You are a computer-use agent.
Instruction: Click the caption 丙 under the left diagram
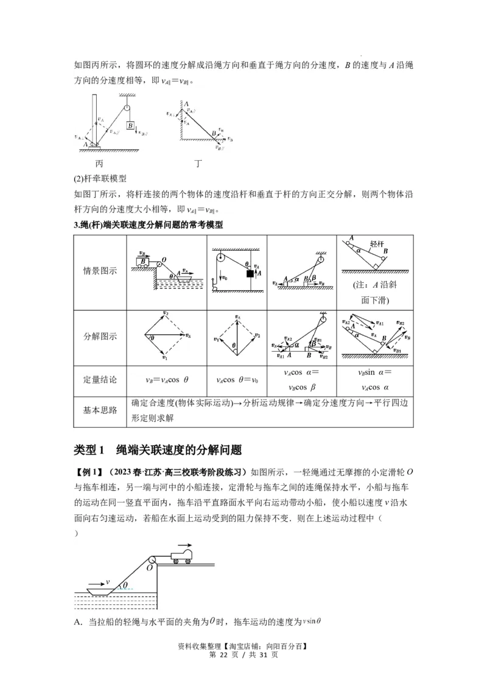(x=100, y=164)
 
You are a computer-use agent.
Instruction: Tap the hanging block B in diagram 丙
(x=130, y=126)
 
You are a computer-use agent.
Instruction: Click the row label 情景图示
(x=100, y=271)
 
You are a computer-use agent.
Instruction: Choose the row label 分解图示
(x=100, y=335)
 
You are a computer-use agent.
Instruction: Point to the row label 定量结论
(x=100, y=379)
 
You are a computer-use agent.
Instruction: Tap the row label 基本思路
(x=100, y=410)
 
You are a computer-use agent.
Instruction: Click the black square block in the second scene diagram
(x=250, y=274)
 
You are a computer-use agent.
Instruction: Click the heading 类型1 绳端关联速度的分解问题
(x=158, y=450)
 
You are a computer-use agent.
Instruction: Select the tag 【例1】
(x=88, y=472)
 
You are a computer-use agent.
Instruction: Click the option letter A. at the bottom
(x=77, y=621)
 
